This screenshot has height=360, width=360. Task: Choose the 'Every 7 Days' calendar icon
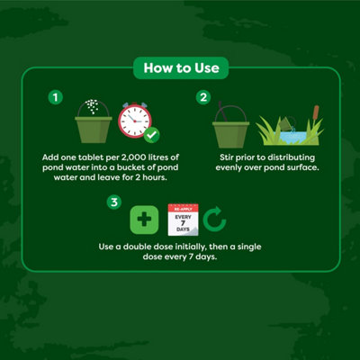click(x=183, y=220)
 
